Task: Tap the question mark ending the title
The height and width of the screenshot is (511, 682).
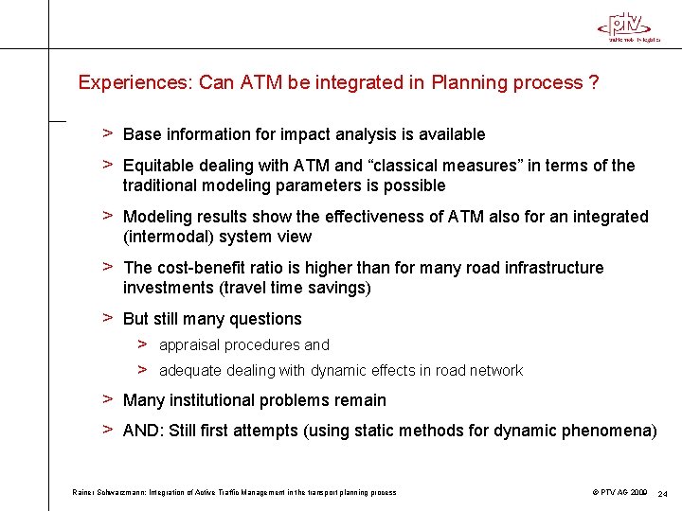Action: click(x=593, y=82)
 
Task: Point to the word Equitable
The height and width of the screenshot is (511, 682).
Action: click(x=157, y=166)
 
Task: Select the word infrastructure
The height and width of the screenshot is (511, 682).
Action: click(x=550, y=268)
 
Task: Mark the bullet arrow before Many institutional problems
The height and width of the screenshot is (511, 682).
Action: click(x=108, y=399)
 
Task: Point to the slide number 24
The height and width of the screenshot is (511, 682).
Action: click(x=662, y=493)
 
